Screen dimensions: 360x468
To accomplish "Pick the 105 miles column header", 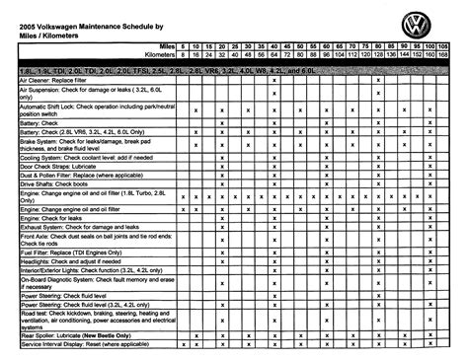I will click(x=442, y=45).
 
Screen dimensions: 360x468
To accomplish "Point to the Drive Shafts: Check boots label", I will click(x=54, y=184).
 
